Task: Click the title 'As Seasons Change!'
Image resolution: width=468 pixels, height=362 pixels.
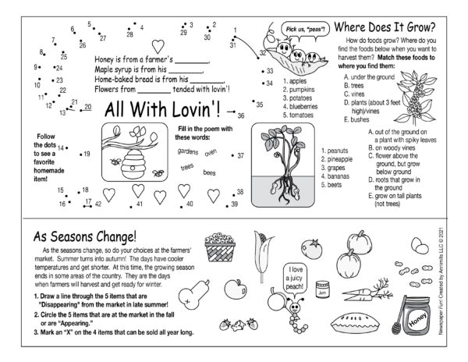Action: click(x=84, y=236)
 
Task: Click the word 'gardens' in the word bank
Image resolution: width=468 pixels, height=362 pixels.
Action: click(x=187, y=151)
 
